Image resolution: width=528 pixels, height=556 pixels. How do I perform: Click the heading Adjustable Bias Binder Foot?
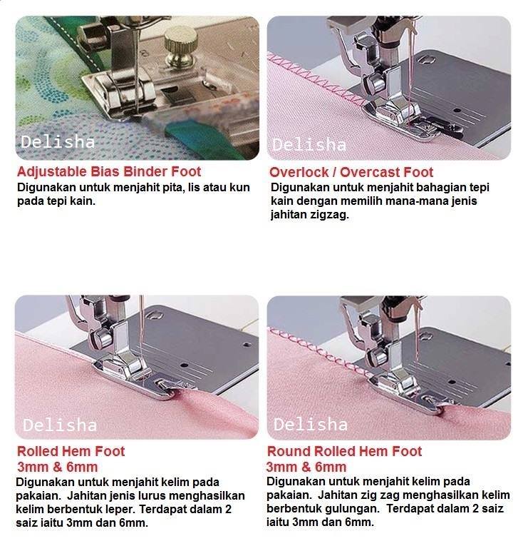(x=109, y=171)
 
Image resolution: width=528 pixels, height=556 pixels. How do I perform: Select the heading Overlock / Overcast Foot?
(x=351, y=172)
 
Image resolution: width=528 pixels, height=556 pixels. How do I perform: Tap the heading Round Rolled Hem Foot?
(x=344, y=451)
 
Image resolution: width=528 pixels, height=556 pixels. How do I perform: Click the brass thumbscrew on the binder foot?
(x=180, y=46)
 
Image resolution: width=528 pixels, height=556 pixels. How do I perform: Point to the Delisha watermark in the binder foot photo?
(x=58, y=142)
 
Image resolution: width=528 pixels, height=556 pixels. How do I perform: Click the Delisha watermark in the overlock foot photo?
(x=309, y=145)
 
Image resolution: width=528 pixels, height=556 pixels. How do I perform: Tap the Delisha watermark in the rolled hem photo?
(x=59, y=425)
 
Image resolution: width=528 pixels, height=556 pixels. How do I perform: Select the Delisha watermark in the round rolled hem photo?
(x=311, y=425)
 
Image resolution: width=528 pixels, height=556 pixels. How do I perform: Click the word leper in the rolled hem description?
(x=120, y=510)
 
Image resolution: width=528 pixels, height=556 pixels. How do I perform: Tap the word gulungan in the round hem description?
(x=351, y=509)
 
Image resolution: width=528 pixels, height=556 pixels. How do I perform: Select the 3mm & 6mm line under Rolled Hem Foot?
(x=57, y=467)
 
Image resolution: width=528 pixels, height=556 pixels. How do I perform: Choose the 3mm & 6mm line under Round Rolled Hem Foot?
(x=306, y=467)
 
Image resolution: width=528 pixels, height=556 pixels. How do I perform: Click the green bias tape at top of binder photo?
(x=75, y=44)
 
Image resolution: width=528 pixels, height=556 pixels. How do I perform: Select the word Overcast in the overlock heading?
(x=370, y=172)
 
